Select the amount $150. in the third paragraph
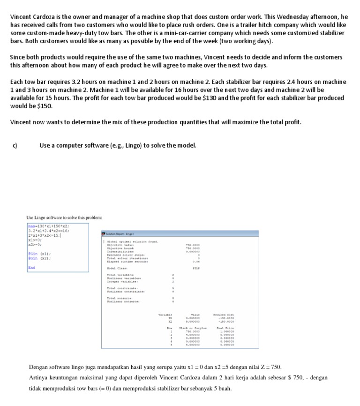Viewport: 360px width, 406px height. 45,105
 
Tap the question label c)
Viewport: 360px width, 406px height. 15,145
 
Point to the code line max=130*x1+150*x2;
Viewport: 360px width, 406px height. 49,226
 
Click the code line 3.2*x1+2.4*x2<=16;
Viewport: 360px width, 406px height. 49,231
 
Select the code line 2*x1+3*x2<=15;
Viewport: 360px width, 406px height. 45,235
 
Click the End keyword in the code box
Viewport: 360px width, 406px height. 31,268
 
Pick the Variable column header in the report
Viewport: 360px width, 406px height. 166,315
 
